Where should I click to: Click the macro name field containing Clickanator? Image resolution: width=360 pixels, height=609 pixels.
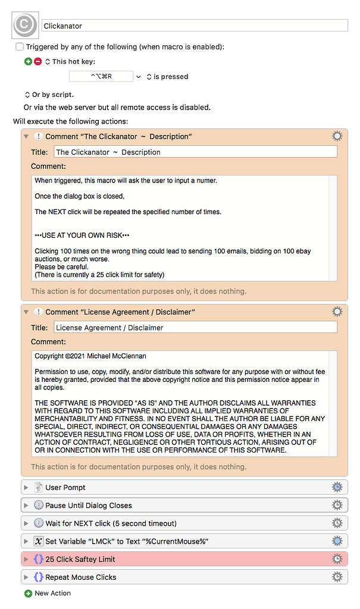click(x=195, y=26)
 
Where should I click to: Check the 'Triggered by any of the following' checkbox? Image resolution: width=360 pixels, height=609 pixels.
click(x=20, y=46)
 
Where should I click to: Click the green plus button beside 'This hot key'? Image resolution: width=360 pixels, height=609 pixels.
click(x=28, y=61)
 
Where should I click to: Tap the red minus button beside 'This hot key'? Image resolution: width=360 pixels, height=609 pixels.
click(x=38, y=61)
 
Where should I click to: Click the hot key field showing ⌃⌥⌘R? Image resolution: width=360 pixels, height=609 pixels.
click(x=101, y=76)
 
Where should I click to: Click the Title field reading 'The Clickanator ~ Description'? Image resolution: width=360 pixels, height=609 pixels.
click(x=195, y=152)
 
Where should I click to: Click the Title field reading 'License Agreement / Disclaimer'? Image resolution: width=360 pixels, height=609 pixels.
click(x=195, y=327)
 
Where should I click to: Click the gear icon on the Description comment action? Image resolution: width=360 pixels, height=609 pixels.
click(x=337, y=136)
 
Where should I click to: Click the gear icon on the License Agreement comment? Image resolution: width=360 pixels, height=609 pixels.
click(x=337, y=312)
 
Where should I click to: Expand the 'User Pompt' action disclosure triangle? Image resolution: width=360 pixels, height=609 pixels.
click(x=26, y=488)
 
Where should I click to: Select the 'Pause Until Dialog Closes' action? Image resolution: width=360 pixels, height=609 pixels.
click(x=88, y=506)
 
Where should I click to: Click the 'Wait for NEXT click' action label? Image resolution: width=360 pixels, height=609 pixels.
click(x=111, y=523)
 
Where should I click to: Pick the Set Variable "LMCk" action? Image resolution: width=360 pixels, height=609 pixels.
click(x=127, y=541)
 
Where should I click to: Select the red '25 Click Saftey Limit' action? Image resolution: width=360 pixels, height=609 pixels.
click(x=80, y=559)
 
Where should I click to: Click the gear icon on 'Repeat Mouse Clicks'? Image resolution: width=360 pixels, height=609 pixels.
click(x=337, y=577)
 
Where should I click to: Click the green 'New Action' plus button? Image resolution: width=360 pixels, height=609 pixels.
click(x=28, y=594)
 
